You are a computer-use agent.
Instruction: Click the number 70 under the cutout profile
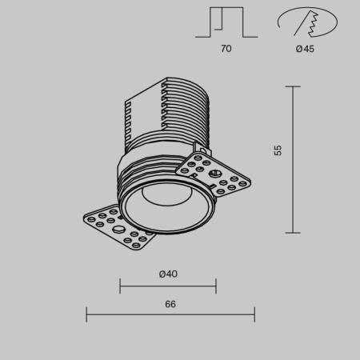226,49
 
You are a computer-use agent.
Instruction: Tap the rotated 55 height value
278,150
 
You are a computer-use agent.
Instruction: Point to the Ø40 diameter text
168,274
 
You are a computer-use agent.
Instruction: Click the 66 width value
170,304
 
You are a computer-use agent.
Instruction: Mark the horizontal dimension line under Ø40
168,286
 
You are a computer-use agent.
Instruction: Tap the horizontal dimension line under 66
170,316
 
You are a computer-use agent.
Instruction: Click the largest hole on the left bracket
119,230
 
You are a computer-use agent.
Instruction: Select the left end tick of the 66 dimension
86,316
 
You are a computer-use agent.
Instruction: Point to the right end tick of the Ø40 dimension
216,286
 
